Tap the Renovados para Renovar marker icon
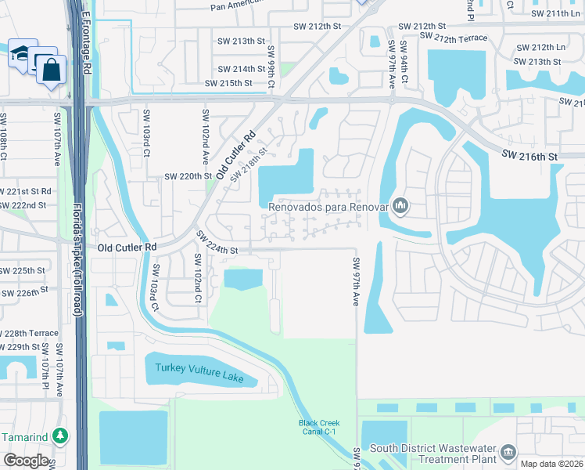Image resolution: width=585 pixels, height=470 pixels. (x=401, y=207)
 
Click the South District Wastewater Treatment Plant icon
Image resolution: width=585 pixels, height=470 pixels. (x=508, y=452)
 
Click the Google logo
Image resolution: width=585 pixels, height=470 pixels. (x=25, y=461)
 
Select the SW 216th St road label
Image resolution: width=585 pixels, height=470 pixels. (x=529, y=157)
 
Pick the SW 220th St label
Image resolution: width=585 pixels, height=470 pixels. (x=187, y=176)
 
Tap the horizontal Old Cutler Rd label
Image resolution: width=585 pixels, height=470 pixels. (x=127, y=247)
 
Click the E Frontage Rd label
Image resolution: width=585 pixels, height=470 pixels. (x=87, y=39)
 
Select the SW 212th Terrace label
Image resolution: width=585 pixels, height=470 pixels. (x=453, y=37)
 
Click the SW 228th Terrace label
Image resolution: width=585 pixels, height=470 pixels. (x=29, y=332)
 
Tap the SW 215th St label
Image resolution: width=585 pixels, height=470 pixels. (x=228, y=83)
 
